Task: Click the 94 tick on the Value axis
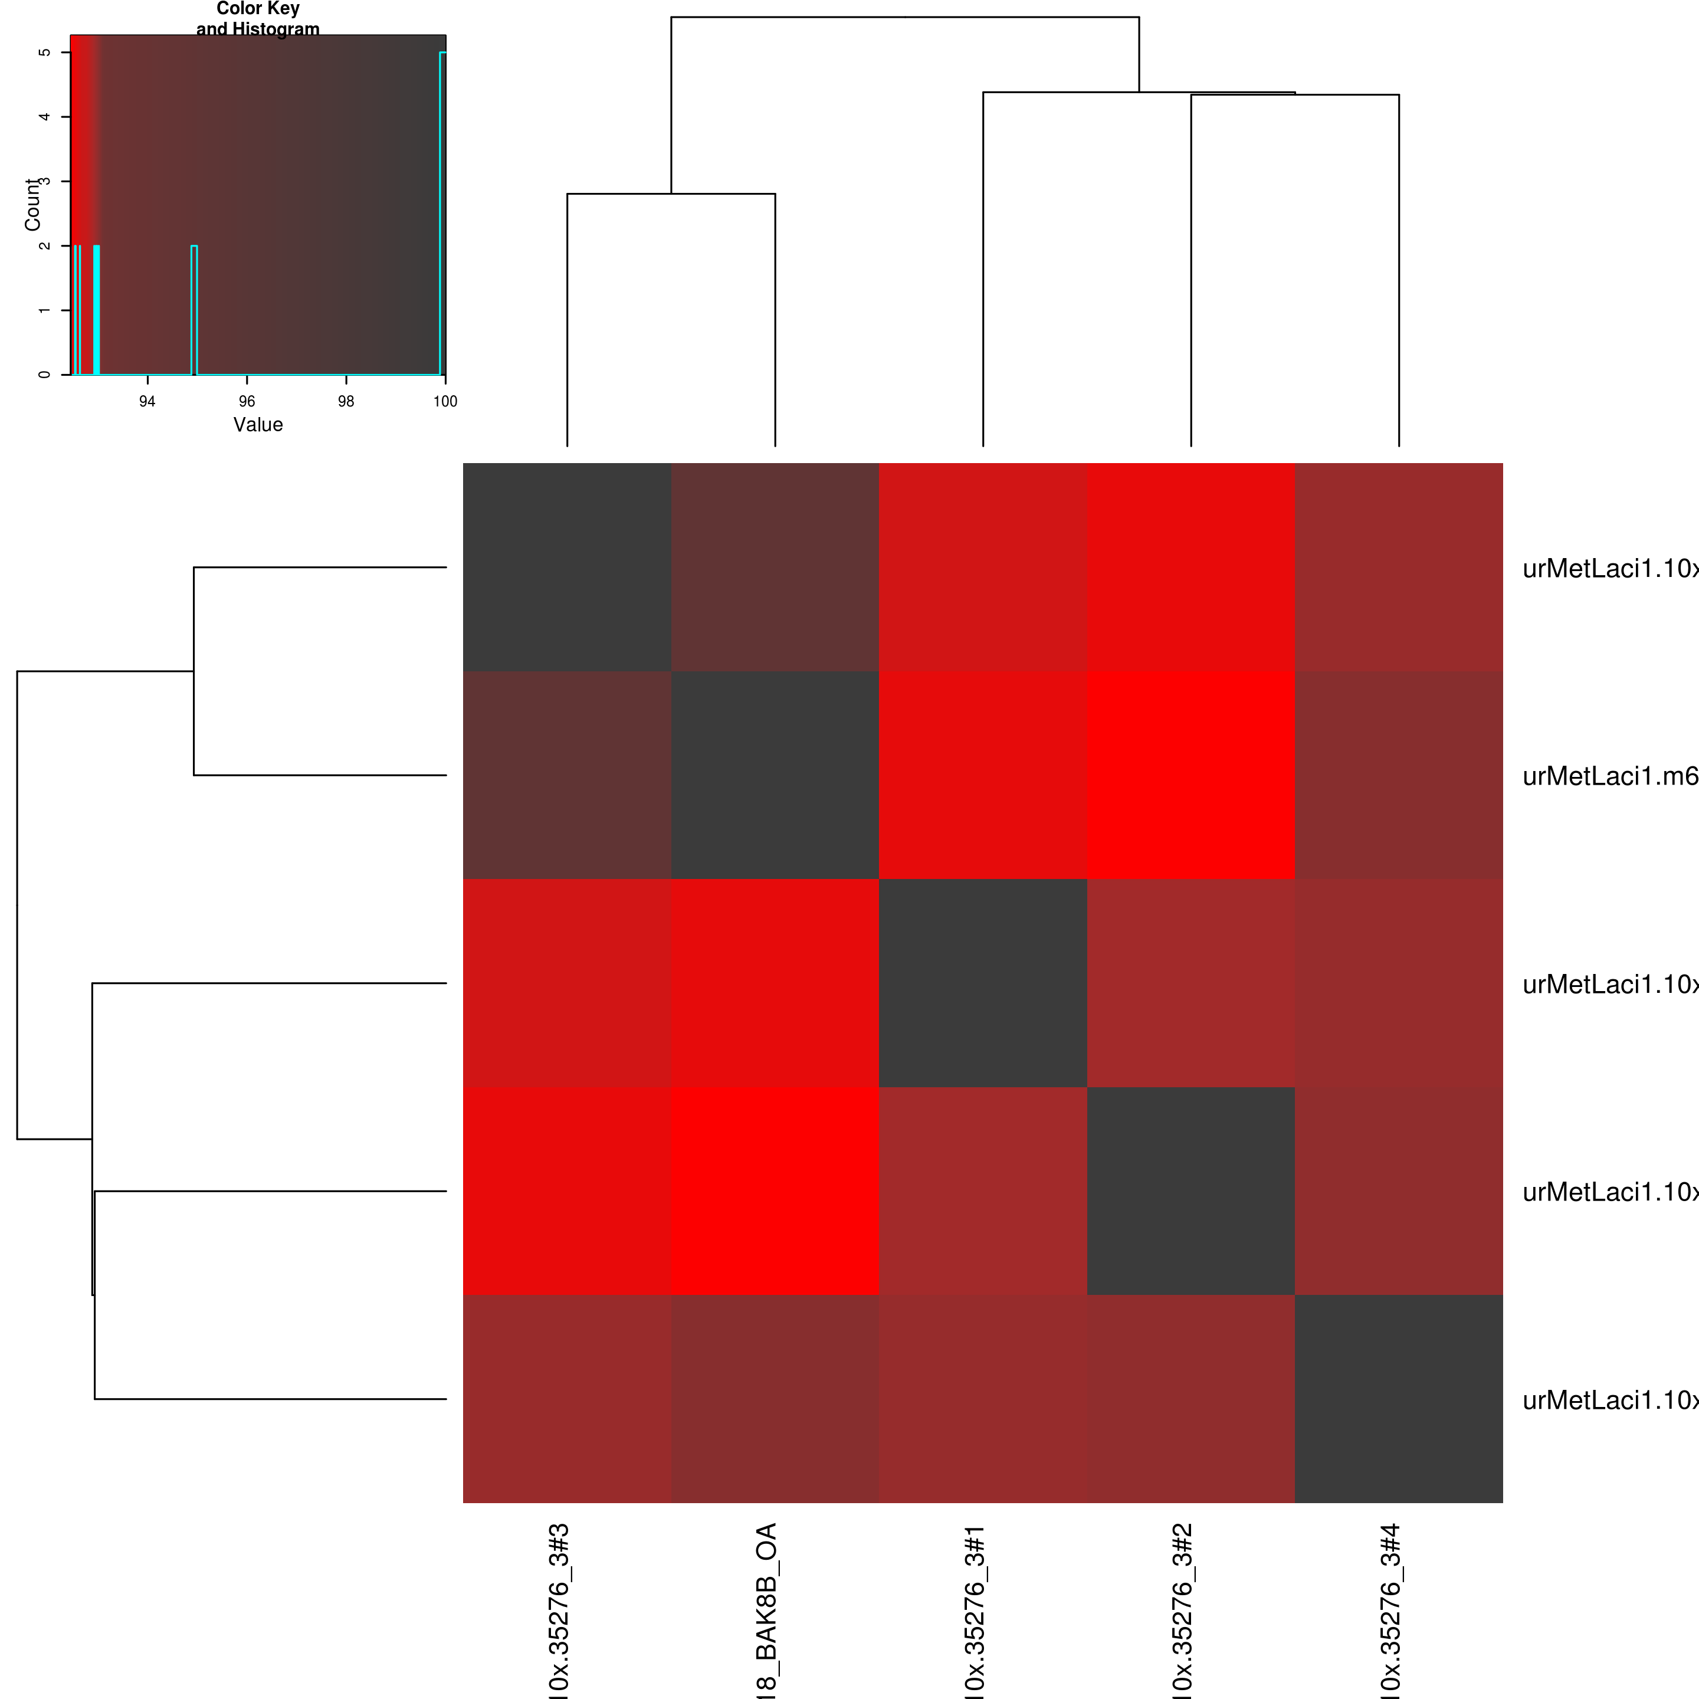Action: point(147,401)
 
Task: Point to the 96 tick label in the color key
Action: point(247,401)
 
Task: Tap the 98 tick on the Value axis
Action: point(346,401)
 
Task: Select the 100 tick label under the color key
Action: point(445,401)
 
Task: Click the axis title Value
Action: point(258,425)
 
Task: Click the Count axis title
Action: point(32,205)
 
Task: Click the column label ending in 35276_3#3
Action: point(559,1609)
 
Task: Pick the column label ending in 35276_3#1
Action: point(975,1609)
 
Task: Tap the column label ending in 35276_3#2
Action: point(1183,1609)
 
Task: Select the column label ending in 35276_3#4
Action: point(1390,1609)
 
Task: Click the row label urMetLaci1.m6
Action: point(1609,776)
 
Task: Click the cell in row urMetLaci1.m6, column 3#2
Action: point(1190,776)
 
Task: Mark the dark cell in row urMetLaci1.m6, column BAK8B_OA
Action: point(775,776)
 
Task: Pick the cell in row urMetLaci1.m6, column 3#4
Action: point(1398,776)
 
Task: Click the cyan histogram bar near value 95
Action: point(194,308)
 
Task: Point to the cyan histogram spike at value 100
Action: point(442,211)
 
